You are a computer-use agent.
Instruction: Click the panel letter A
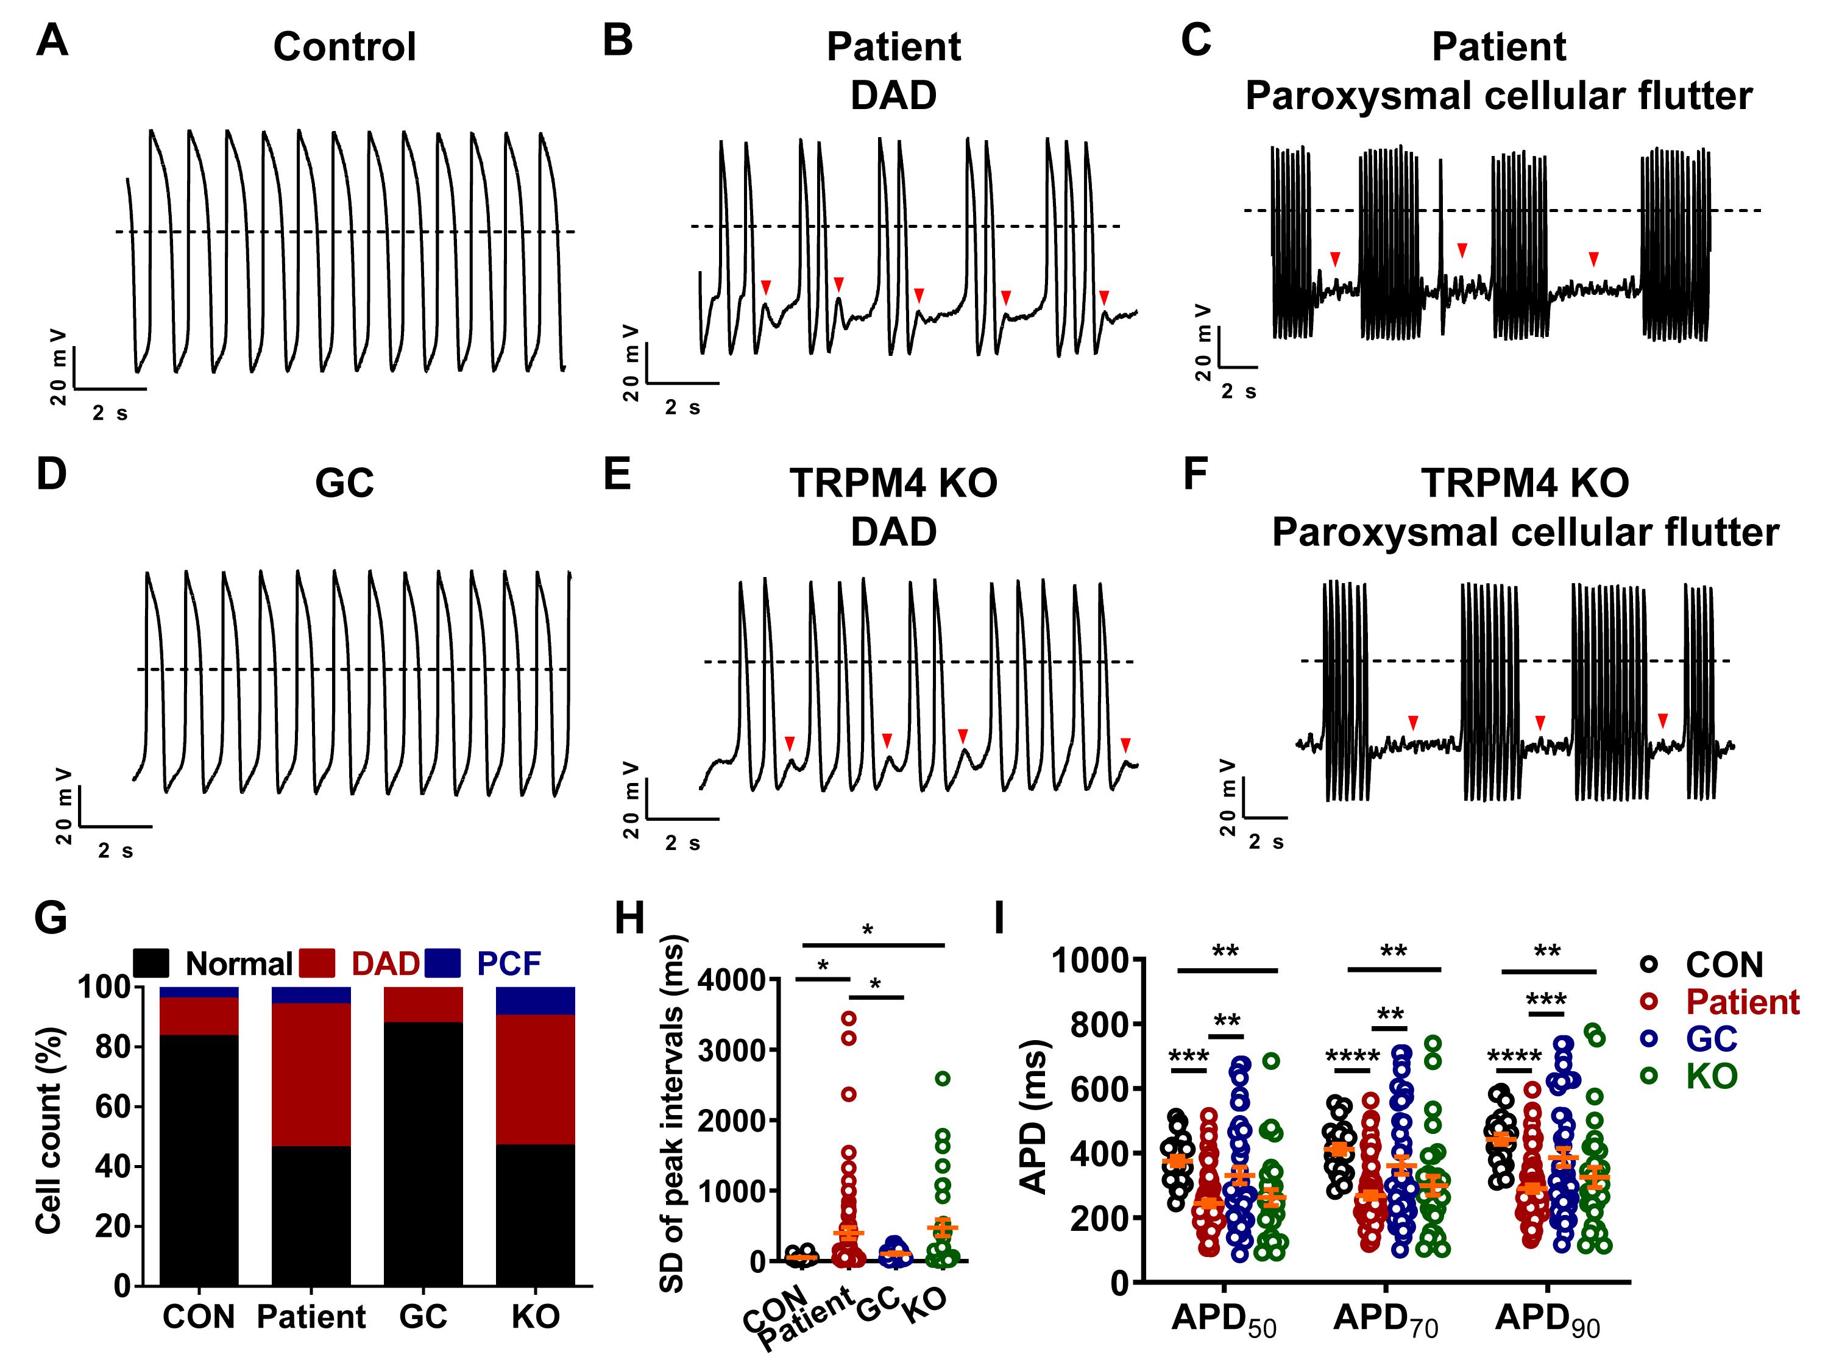[51, 40]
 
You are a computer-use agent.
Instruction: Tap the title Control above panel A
[345, 47]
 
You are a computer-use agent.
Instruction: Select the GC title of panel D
[345, 483]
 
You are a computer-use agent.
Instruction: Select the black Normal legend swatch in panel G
[151, 963]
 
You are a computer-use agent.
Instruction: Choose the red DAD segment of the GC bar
[423, 1004]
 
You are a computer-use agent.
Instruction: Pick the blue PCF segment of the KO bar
[536, 1000]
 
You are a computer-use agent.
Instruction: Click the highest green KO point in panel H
[943, 1078]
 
